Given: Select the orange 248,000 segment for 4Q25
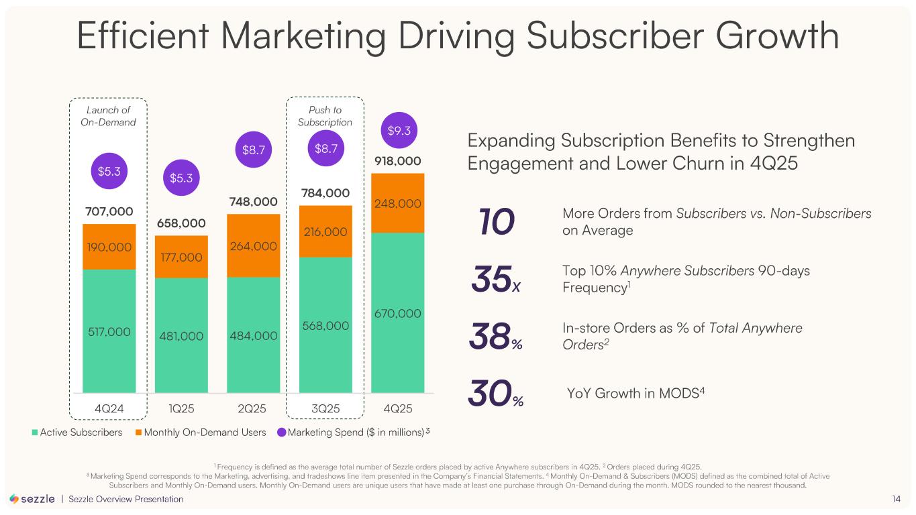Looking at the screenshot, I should (397, 203).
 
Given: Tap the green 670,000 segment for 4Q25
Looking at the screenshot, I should (397, 313).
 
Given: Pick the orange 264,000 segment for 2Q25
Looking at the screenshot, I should (253, 246).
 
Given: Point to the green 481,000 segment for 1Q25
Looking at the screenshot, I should (181, 336).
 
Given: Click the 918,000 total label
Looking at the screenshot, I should (397, 161).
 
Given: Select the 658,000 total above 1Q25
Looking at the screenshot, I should (181, 223).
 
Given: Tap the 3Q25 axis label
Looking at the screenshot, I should (325, 408).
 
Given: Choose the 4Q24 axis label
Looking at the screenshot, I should (109, 408).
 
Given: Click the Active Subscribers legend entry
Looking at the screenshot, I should (77, 433).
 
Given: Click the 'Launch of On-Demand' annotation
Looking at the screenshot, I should (109, 116).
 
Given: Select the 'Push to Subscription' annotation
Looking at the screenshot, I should (325, 116).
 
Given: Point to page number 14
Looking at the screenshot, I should (896, 499).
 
